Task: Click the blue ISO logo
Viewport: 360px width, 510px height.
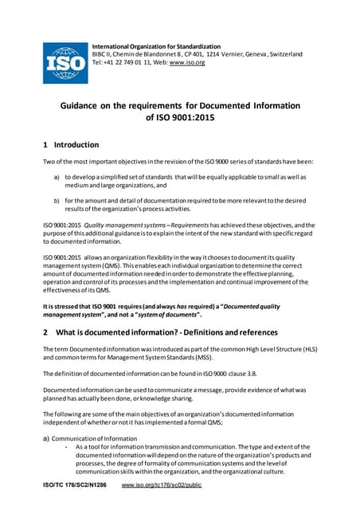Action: [x=65, y=61]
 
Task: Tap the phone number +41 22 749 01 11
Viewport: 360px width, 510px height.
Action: [x=137, y=62]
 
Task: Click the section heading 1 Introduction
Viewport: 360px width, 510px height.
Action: [x=71, y=145]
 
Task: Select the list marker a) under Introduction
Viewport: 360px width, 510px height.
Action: [x=56, y=177]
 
